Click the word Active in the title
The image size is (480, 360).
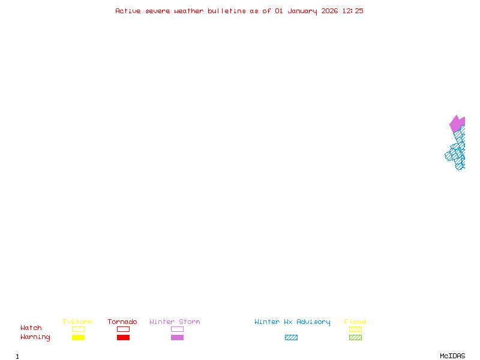pyautogui.click(x=128, y=11)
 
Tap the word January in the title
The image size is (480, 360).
pyautogui.click(x=303, y=11)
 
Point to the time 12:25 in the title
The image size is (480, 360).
pyautogui.click(x=353, y=11)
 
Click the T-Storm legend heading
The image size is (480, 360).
pyautogui.click(x=77, y=322)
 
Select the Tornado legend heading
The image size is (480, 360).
pyautogui.click(x=122, y=322)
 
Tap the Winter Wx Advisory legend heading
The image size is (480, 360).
pyautogui.click(x=292, y=322)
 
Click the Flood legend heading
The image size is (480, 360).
pyautogui.click(x=355, y=322)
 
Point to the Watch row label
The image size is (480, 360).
pyautogui.click(x=31, y=328)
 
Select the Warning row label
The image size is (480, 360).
pyautogui.click(x=35, y=337)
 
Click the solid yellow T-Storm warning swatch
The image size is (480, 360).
pyautogui.click(x=78, y=338)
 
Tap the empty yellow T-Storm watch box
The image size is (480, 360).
pyautogui.click(x=78, y=329)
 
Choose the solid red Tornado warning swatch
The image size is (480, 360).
pyautogui.click(x=123, y=338)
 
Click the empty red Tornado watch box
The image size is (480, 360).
pyautogui.click(x=123, y=329)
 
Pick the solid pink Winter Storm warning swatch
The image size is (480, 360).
pyautogui.click(x=177, y=338)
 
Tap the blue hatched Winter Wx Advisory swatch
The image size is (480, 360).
pyautogui.click(x=291, y=338)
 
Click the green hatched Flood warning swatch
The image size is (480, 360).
pyautogui.click(x=355, y=338)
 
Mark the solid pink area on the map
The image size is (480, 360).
pyautogui.click(x=457, y=124)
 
